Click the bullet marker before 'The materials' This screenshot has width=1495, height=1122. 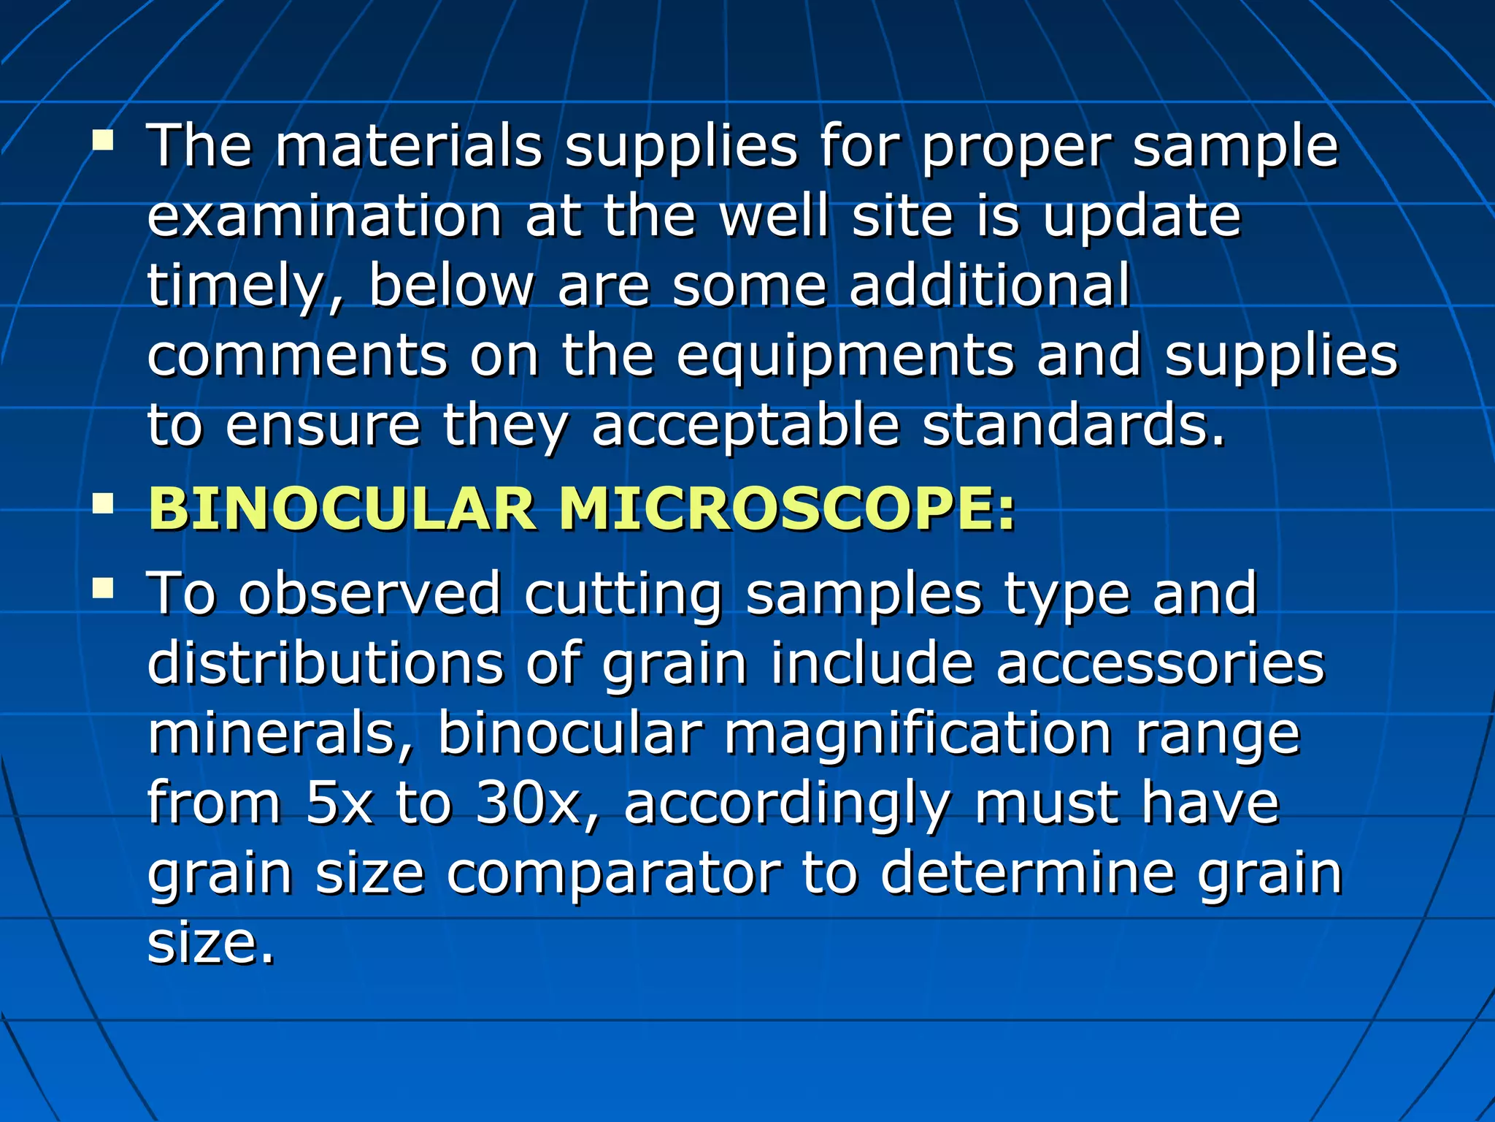coord(103,140)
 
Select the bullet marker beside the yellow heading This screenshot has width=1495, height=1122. coord(103,503)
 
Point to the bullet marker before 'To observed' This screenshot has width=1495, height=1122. coord(103,587)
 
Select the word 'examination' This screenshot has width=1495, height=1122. coord(325,216)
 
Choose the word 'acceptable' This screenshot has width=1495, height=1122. coord(745,427)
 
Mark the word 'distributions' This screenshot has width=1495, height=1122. coord(326,663)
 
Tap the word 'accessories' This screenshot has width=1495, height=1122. coord(1160,663)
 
